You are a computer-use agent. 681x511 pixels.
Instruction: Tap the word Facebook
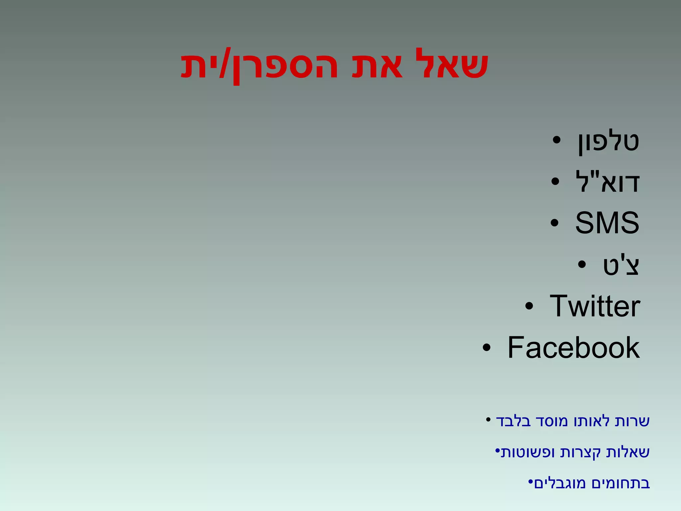click(x=573, y=348)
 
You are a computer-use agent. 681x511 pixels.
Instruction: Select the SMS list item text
click(x=607, y=223)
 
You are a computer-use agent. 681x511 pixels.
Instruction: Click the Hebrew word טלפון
click(x=608, y=142)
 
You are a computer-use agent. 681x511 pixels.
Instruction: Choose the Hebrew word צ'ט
click(x=621, y=265)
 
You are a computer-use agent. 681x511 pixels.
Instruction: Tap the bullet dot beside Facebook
click(x=486, y=348)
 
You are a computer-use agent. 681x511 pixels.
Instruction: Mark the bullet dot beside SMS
click(x=554, y=223)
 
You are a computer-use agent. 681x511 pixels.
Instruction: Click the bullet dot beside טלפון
click(x=557, y=140)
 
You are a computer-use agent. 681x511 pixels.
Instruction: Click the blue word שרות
click(x=632, y=421)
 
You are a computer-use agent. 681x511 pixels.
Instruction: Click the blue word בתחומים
click(x=620, y=483)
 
